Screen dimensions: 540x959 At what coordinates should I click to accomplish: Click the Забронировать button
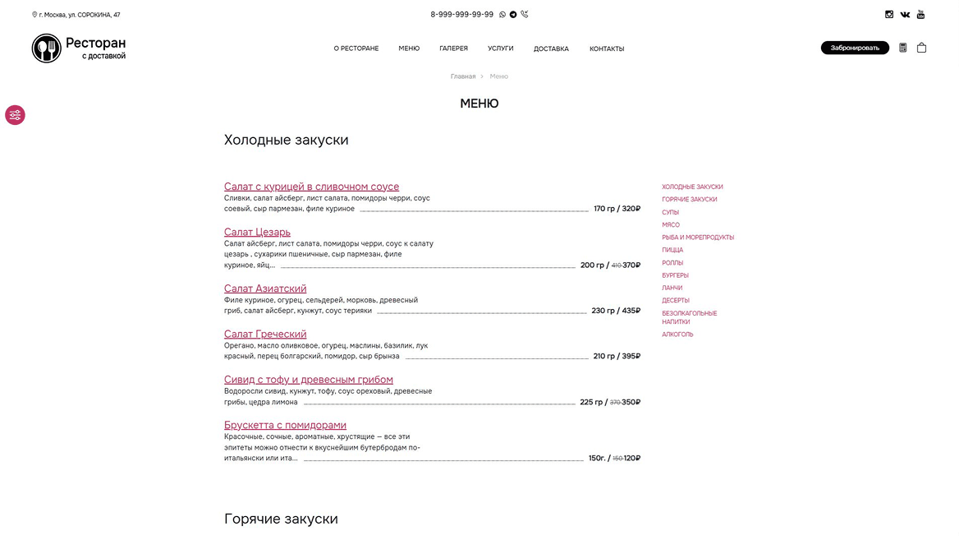point(854,48)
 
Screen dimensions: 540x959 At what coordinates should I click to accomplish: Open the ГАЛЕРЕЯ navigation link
point(453,48)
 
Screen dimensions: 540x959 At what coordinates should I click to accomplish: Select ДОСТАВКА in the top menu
point(551,48)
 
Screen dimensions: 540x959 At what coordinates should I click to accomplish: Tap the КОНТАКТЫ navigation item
point(607,48)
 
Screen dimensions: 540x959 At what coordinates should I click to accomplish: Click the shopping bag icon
point(921,48)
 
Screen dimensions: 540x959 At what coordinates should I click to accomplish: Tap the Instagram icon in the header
point(888,14)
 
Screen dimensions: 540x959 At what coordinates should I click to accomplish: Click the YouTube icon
point(920,14)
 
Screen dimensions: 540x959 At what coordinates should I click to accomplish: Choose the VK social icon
point(905,14)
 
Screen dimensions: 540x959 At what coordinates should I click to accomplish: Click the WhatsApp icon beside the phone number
point(502,14)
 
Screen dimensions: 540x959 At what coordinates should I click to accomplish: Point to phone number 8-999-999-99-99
point(461,14)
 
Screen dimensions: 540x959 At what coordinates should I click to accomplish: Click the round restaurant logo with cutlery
point(47,48)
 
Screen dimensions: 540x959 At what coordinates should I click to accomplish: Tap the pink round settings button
point(15,115)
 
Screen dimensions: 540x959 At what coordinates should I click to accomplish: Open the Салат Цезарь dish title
point(257,232)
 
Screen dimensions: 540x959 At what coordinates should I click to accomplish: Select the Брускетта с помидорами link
point(285,425)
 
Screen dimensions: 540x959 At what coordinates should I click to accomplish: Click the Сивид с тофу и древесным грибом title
point(308,380)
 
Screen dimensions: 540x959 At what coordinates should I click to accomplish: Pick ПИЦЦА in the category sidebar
point(672,250)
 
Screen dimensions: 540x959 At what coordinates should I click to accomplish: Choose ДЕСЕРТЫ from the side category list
point(676,300)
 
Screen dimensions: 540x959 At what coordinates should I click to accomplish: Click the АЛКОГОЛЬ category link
point(677,335)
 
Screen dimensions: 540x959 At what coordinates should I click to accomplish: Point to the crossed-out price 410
point(616,265)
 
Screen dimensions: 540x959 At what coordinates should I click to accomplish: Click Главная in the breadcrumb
point(462,76)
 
